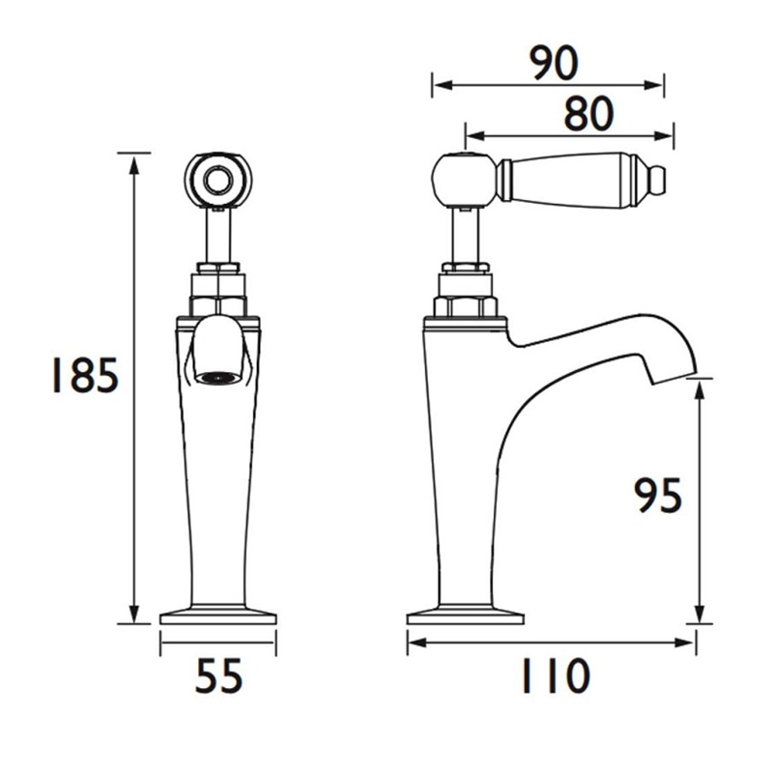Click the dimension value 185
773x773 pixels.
84,377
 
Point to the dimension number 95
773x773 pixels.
658,497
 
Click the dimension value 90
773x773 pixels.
554,64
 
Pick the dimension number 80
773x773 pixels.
587,115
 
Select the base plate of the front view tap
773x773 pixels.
217,616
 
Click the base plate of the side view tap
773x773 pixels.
465,616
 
